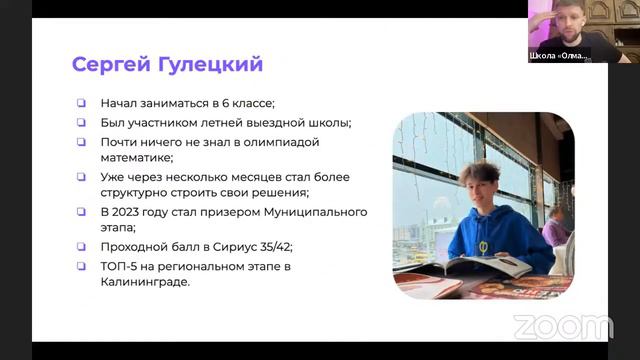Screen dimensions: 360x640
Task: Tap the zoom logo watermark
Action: coord(562,327)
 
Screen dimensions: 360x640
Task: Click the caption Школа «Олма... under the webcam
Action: coord(560,56)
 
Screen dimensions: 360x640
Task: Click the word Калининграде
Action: coord(146,282)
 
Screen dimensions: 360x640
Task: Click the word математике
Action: coord(136,157)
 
